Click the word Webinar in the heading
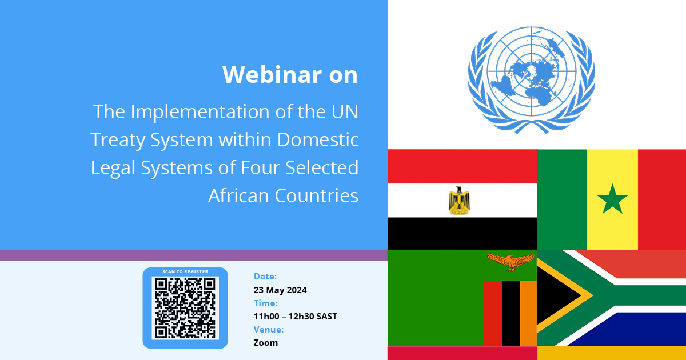pyautogui.click(x=272, y=74)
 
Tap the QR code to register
pyautogui.click(x=185, y=308)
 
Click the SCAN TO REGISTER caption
pyautogui.click(x=185, y=271)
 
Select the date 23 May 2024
pyautogui.click(x=280, y=290)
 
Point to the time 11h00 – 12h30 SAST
pyautogui.click(x=295, y=316)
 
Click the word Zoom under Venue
pyautogui.click(x=265, y=342)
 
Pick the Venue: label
pyautogui.click(x=269, y=329)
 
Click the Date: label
pyautogui.click(x=265, y=277)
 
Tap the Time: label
pyautogui.click(x=265, y=303)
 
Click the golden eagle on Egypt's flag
pyautogui.click(x=459, y=201)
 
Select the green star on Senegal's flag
pyautogui.click(x=612, y=199)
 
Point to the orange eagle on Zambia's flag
pyautogui.click(x=510, y=262)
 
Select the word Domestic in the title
pyautogui.click(x=318, y=139)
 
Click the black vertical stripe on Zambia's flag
pyautogui.click(x=511, y=314)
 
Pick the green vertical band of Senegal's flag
pyautogui.click(x=562, y=199)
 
